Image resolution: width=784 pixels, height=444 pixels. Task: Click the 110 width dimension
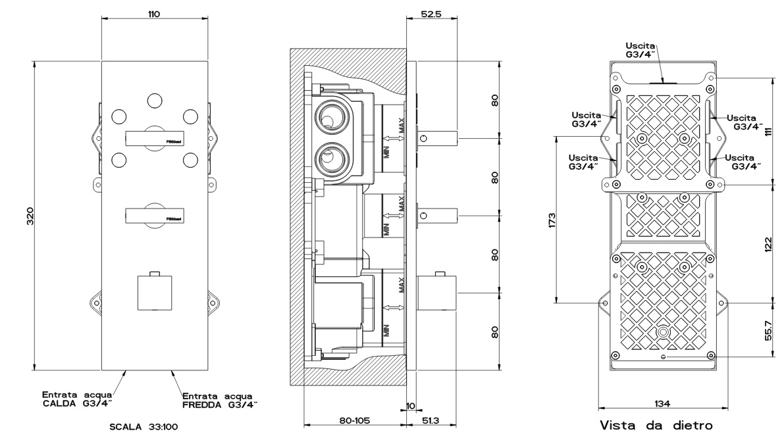click(x=155, y=13)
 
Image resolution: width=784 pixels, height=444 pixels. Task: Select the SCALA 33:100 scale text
click(x=143, y=427)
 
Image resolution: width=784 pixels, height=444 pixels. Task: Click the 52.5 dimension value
click(x=431, y=13)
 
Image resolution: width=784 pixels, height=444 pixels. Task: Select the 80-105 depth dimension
click(x=353, y=420)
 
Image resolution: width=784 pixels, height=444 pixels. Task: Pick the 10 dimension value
click(x=410, y=406)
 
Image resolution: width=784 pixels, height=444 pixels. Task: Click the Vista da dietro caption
click(x=656, y=426)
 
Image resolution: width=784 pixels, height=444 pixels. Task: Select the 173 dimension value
click(x=552, y=219)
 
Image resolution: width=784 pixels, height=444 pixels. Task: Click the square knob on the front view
click(x=154, y=292)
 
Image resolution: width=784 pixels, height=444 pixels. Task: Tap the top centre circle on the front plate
click(x=154, y=100)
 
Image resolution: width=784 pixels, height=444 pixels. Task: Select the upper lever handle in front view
click(x=155, y=138)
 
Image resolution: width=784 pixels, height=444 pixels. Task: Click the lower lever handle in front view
click(x=155, y=215)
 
